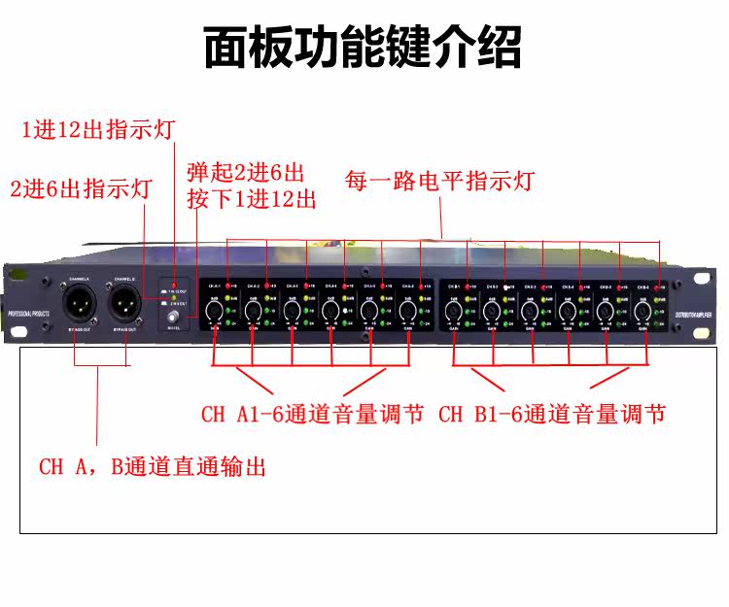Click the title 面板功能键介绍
point(363,47)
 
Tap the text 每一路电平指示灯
point(439,181)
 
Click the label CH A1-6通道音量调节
point(312,416)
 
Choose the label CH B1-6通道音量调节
point(552,416)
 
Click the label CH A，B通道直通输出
point(152,466)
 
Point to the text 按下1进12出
point(252,200)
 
